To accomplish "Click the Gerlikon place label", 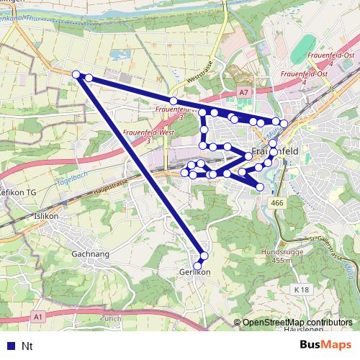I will (x=194, y=273).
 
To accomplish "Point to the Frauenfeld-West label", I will (x=148, y=132).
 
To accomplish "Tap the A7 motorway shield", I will (x=244, y=92).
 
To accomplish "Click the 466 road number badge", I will (x=278, y=204).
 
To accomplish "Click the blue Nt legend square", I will (x=10, y=346).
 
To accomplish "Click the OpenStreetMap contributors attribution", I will (x=297, y=323).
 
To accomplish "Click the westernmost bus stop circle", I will (x=76, y=73).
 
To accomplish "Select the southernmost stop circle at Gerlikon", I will (x=198, y=266).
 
